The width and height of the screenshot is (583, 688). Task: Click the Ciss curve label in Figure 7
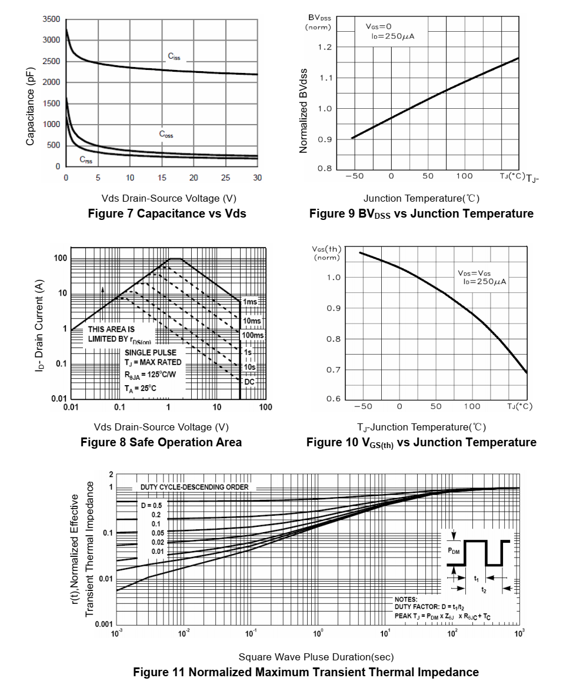174,57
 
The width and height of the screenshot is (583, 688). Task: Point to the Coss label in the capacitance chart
166,134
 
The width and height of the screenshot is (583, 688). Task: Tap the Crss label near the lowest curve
86,160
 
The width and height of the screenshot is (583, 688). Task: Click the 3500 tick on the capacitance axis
51,19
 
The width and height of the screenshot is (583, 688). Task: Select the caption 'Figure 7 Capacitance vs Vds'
166,213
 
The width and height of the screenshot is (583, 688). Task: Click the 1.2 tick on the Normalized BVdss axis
325,48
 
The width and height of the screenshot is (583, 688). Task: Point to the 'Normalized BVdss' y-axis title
304,111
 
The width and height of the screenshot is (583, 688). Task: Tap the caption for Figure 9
421,213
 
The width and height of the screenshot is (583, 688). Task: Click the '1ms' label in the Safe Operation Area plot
250,302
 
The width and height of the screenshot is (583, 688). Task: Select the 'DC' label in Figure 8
249,382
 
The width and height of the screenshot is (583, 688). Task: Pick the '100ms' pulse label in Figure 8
252,335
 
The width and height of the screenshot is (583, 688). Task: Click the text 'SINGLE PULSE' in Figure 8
150,352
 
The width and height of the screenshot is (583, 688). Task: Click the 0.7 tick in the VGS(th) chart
333,370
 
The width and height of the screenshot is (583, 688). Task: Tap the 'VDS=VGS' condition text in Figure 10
474,273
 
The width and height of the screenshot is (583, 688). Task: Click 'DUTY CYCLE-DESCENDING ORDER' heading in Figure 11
194,487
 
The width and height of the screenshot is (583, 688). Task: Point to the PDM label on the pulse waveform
454,551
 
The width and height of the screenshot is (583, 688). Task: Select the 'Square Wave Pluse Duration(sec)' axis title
316,657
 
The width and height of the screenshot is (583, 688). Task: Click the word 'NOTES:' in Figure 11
405,599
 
